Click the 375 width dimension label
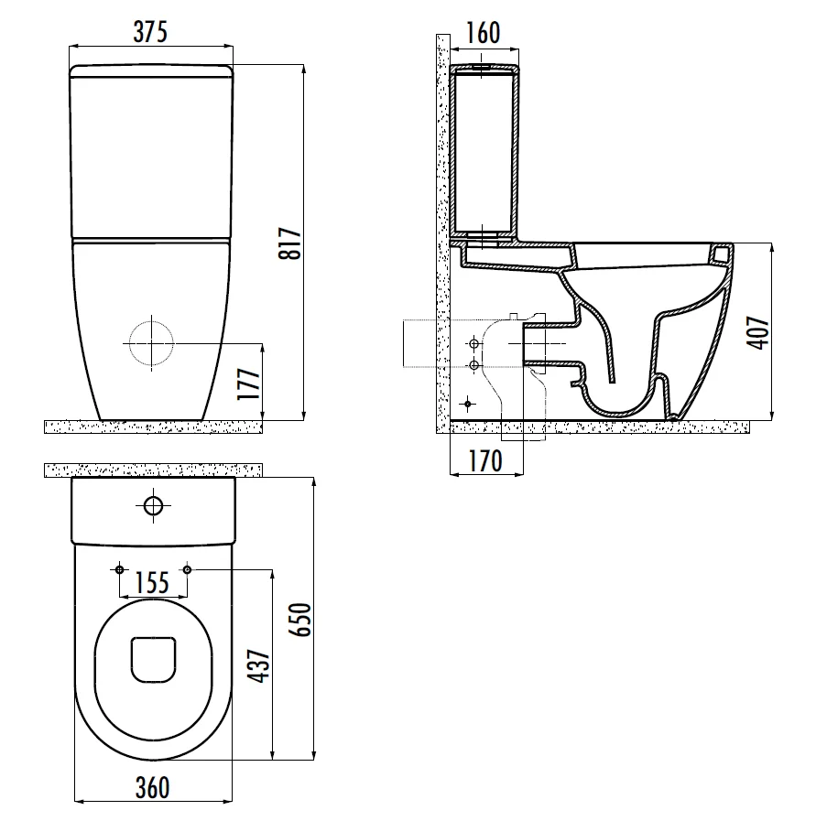(x=150, y=32)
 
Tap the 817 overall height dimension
(x=290, y=243)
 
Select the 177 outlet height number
(x=249, y=383)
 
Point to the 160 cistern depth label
(x=483, y=33)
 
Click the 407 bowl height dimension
(x=758, y=332)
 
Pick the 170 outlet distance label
(x=485, y=460)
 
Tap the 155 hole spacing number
(x=152, y=583)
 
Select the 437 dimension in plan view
(x=259, y=666)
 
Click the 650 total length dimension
(x=300, y=620)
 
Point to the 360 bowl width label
(x=152, y=787)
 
